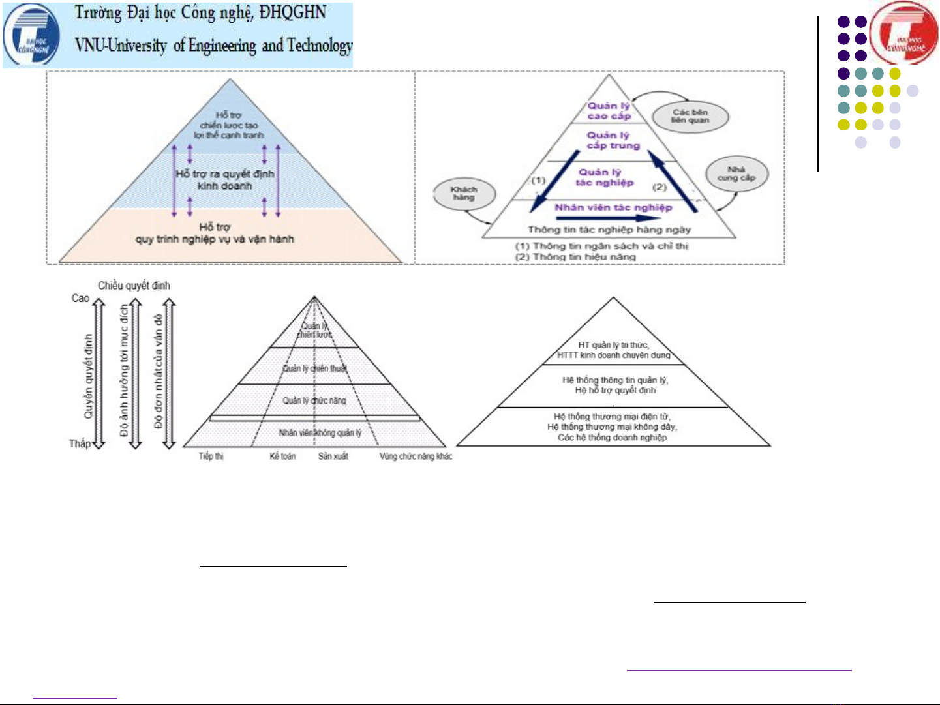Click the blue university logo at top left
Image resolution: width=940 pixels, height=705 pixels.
pyautogui.click(x=31, y=36)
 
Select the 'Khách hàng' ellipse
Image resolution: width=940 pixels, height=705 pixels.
pyautogui.click(x=464, y=194)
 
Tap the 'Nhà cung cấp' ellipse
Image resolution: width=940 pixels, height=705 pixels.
pyautogui.click(x=736, y=173)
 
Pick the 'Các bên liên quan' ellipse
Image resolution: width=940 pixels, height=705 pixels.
pyautogui.click(x=690, y=116)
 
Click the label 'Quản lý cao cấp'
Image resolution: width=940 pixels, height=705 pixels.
pyautogui.click(x=609, y=111)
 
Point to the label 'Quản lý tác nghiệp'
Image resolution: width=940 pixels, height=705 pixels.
pyautogui.click(x=604, y=177)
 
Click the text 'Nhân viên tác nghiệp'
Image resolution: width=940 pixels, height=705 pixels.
pyautogui.click(x=613, y=207)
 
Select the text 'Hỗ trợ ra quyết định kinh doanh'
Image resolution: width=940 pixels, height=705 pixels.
pyautogui.click(x=225, y=180)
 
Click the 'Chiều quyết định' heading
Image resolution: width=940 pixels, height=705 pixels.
pyautogui.click(x=134, y=286)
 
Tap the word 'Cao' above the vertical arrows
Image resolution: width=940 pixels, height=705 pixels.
pyautogui.click(x=80, y=298)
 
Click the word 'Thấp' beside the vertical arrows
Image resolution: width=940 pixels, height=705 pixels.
pyautogui.click(x=80, y=444)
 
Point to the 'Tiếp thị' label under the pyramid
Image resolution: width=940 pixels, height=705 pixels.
pyautogui.click(x=211, y=457)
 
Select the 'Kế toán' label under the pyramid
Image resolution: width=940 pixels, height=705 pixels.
pyautogui.click(x=282, y=457)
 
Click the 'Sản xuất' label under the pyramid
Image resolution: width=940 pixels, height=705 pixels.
pyautogui.click(x=333, y=457)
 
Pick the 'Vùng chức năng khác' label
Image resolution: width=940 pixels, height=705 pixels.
pyautogui.click(x=416, y=457)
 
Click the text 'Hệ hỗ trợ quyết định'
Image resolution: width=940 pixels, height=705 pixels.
pyautogui.click(x=615, y=391)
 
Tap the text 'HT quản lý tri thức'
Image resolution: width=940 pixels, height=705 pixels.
pyautogui.click(x=613, y=345)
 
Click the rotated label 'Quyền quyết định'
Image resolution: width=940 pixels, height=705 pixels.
pyautogui.click(x=89, y=376)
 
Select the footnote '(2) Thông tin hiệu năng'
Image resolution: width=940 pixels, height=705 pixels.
pyautogui.click(x=575, y=257)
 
